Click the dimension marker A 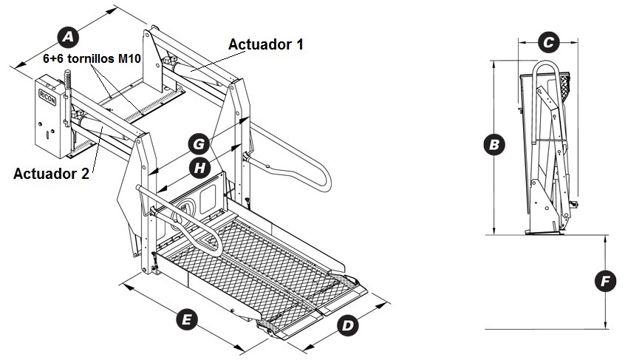(68, 35)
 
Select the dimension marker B (493, 144)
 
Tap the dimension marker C (547, 43)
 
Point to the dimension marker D (348, 323)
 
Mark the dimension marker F (605, 281)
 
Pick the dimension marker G (198, 143)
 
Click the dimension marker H (198, 168)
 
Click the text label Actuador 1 (266, 44)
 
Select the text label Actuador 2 (52, 174)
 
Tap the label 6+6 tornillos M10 (92, 58)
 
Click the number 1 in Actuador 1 (299, 44)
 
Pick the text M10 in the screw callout (129, 58)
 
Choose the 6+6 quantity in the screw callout (53, 58)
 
